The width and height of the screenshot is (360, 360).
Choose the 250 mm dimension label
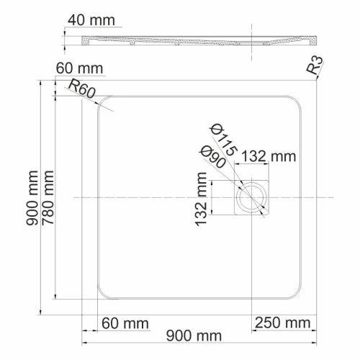tap(282, 320)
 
